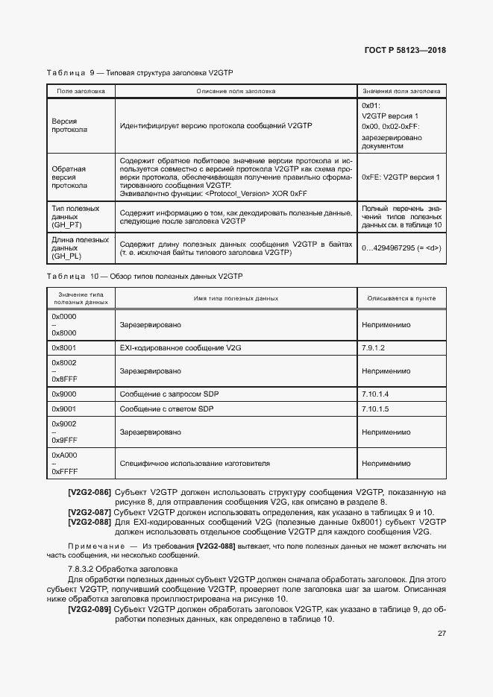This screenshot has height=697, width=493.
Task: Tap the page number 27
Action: click(441, 634)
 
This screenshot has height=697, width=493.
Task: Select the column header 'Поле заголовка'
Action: click(81, 91)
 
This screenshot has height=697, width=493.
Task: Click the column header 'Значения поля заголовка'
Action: click(401, 91)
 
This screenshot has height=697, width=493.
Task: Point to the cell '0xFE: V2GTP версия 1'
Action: click(400, 177)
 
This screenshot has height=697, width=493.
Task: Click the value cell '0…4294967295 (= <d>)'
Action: click(400, 248)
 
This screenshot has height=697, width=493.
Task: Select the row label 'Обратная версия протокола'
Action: click(69, 177)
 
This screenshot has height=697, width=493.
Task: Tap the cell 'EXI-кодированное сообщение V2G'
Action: click(180, 347)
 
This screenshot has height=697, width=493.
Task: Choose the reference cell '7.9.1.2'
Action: click(374, 347)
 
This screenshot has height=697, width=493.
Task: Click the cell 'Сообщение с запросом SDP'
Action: click(170, 394)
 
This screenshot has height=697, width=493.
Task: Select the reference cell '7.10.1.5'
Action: click(376, 409)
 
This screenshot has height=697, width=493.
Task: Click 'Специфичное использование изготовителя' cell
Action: click(195, 463)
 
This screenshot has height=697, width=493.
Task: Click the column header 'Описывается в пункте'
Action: click(401, 298)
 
